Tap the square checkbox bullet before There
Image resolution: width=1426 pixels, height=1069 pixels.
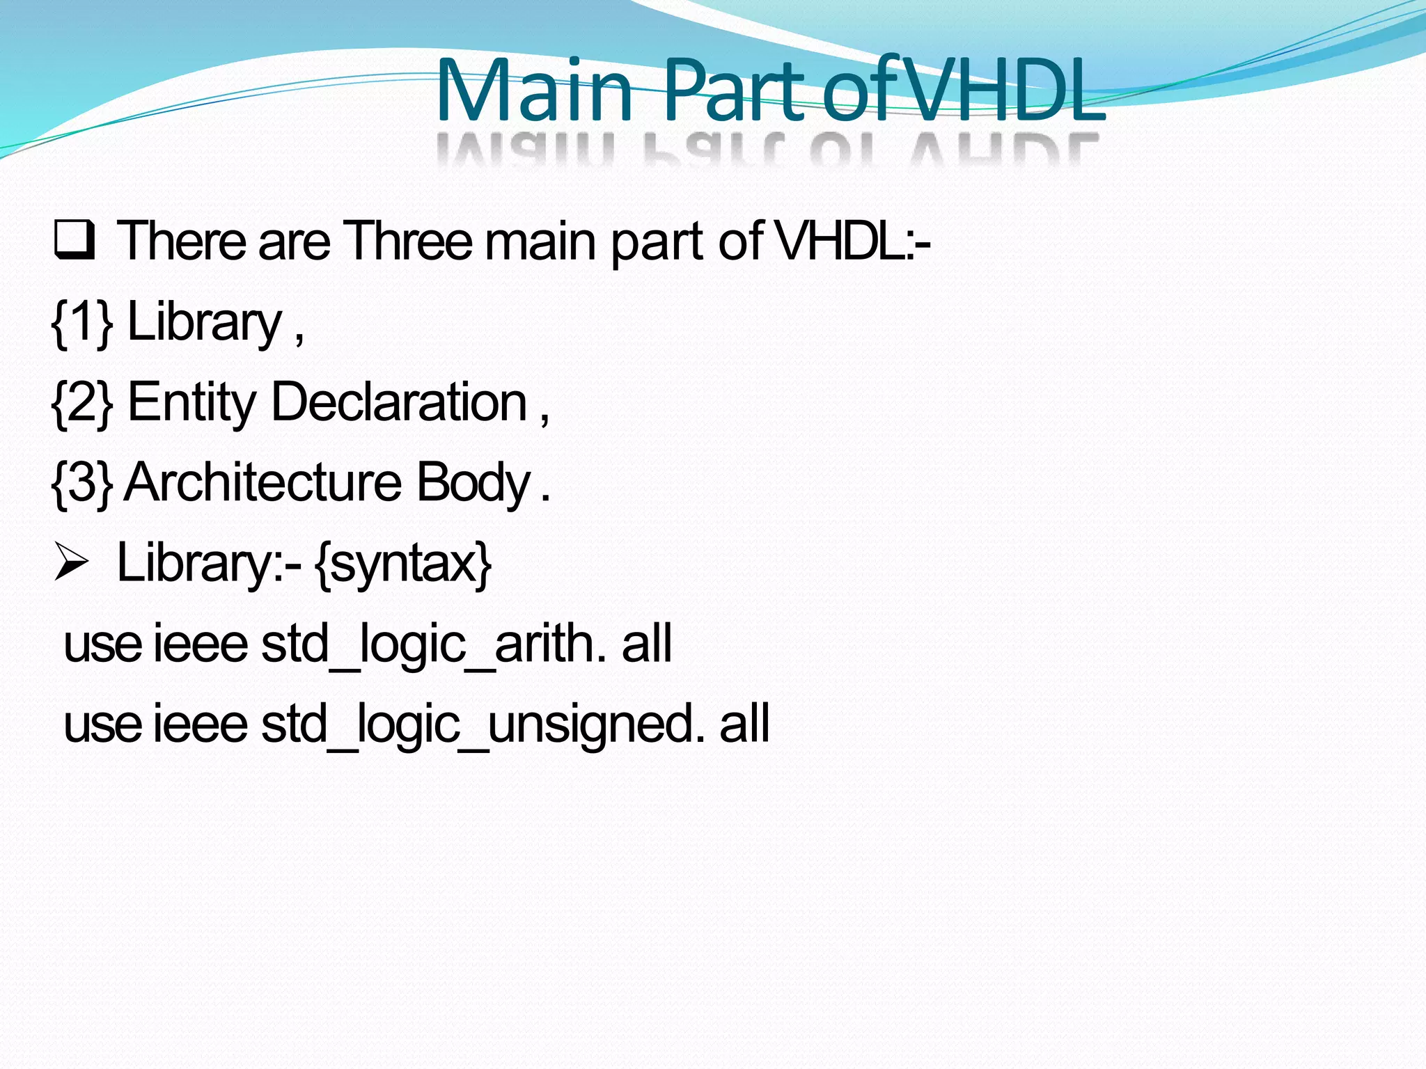click(x=74, y=240)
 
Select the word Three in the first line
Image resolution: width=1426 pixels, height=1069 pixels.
click(x=408, y=241)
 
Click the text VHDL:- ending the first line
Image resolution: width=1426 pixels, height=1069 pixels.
click(x=853, y=241)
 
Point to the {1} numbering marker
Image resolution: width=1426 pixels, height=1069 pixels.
click(x=82, y=322)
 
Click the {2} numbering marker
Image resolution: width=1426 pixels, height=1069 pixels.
click(x=82, y=402)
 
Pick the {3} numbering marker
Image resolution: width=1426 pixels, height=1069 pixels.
click(x=82, y=483)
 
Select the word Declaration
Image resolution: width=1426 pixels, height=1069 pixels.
click(x=399, y=402)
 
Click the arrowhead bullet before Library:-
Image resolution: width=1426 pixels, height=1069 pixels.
click(x=72, y=563)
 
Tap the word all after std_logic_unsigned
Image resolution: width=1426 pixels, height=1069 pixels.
click(x=744, y=724)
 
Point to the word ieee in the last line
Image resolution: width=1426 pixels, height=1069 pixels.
click(x=200, y=724)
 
